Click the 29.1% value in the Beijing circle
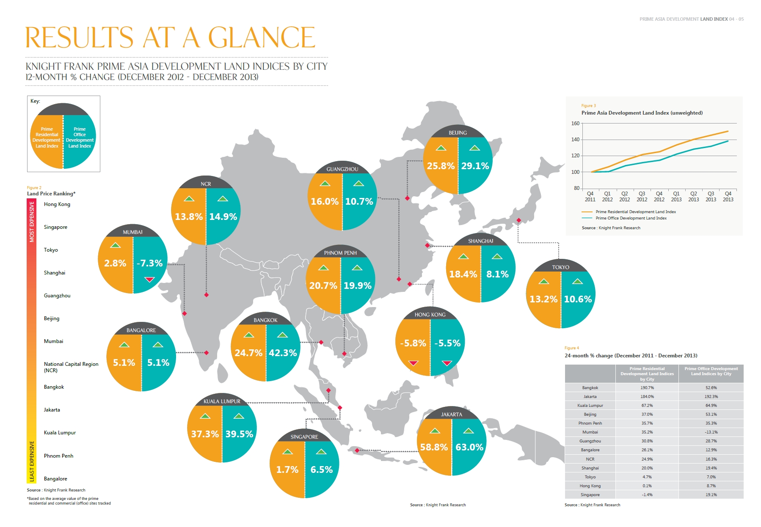475,166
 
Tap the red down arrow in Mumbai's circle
149,280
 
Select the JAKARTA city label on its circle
452,414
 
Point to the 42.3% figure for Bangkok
283,353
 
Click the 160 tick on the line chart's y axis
575,124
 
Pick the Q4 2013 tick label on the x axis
728,197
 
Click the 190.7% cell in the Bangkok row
647,388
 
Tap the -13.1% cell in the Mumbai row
711,432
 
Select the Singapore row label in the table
590,495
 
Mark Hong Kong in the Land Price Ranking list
57,204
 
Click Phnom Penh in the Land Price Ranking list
58,456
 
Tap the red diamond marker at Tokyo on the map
519,220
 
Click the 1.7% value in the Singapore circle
287,469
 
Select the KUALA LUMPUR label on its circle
222,401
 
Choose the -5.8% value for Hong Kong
413,343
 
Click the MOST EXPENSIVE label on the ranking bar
32,222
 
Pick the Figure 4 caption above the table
572,348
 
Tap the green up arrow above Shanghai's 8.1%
497,257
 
